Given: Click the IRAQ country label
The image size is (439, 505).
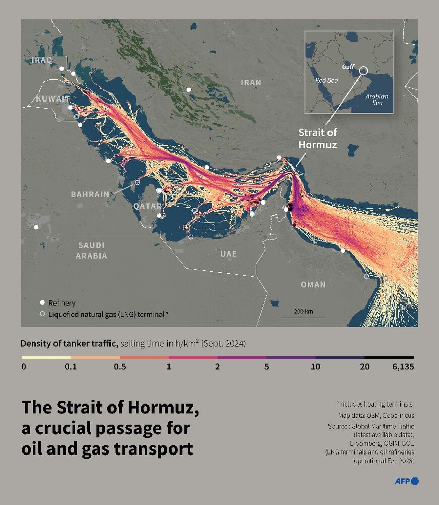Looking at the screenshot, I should pos(41,60).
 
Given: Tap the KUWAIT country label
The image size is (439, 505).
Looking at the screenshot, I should pos(52,98).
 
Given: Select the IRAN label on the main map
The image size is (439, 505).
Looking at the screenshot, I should pos(251,82).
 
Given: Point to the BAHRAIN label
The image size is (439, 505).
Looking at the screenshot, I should pos(90,194).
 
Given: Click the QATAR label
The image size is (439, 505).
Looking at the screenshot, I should pos(147,206).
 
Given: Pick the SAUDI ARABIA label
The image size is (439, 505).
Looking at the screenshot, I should pos(91,250).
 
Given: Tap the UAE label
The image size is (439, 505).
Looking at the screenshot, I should pos(228,254).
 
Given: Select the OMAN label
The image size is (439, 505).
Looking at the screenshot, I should pos(313,284).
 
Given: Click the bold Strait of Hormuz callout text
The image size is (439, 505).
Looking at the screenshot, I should pos(317,138).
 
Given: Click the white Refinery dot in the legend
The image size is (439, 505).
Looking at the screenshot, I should pos(42,303).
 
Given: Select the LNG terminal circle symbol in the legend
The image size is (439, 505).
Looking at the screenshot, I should pos(42,314).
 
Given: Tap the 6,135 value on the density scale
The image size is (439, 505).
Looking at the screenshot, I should pos(402,367).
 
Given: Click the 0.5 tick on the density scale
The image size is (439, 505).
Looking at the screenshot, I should pos(120,367).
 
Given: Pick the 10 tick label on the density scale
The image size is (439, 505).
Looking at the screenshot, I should pos(315,367).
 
